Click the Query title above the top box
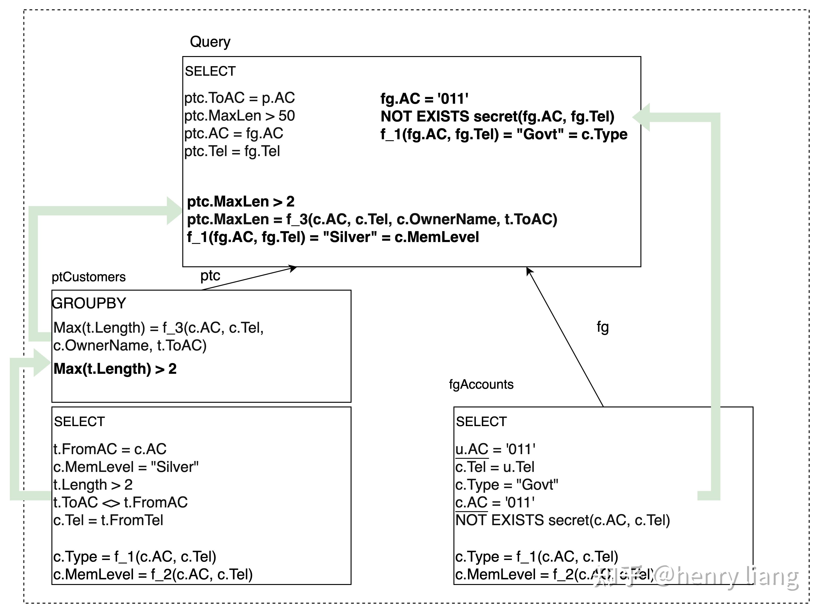point(210,42)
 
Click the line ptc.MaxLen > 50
point(240,116)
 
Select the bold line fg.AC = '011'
point(424,99)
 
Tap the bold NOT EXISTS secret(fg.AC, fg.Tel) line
point(497,117)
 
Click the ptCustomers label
point(89,277)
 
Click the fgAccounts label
point(481,384)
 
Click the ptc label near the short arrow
point(210,276)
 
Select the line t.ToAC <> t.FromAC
point(120,502)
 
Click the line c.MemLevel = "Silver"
point(126,467)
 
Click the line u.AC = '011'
point(495,449)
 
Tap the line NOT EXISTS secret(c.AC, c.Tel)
point(562,520)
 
